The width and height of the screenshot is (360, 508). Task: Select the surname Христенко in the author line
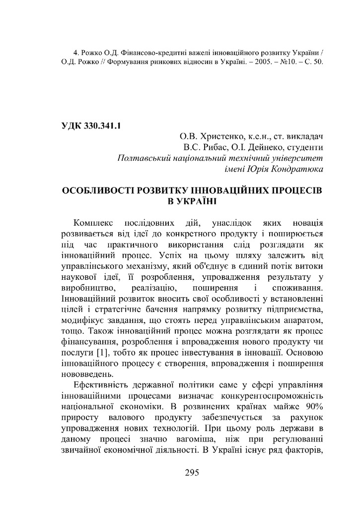point(221,136)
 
